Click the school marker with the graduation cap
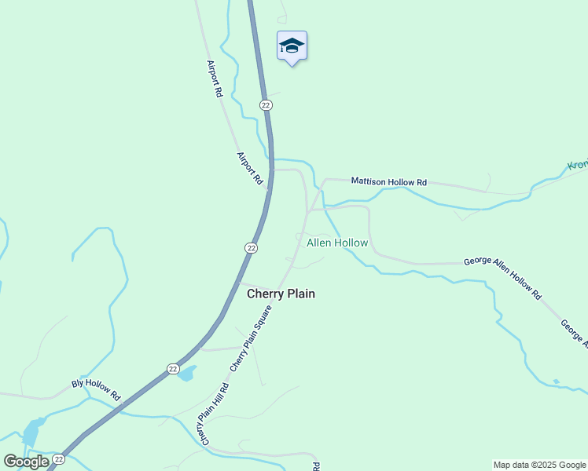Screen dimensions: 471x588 point(292,46)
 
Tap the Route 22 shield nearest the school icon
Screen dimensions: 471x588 point(266,104)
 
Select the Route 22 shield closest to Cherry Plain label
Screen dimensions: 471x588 point(251,247)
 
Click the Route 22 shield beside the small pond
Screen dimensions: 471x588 point(173,368)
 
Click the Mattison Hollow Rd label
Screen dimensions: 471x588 point(388,181)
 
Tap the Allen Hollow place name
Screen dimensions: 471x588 point(336,243)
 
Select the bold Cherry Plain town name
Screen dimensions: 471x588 point(281,294)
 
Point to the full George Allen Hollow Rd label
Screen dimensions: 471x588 point(503,278)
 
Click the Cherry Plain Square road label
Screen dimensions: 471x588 point(251,338)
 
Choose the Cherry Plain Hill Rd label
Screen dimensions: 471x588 point(213,414)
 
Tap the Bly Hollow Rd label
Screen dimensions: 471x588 point(95,389)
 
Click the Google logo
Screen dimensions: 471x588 point(26,461)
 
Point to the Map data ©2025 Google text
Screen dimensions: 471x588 point(538,465)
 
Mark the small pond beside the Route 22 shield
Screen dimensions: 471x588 point(186,374)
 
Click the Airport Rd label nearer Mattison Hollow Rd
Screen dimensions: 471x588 point(249,168)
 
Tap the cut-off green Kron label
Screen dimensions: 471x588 point(577,166)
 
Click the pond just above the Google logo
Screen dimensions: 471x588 point(31,433)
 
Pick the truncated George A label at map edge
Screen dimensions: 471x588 point(574,333)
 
